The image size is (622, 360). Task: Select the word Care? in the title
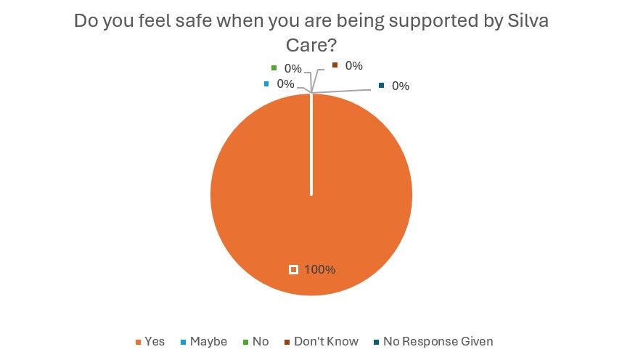[311, 45]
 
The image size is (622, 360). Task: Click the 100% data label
[320, 269]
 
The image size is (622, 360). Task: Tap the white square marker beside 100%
[293, 269]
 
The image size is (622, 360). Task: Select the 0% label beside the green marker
[293, 69]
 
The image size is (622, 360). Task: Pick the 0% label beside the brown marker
[353, 65]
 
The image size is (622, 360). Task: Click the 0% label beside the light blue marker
[285, 83]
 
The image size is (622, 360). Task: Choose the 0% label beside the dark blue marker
[401, 86]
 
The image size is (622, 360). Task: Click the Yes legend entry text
[155, 341]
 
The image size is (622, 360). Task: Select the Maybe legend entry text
[208, 341]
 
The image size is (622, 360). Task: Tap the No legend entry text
[261, 341]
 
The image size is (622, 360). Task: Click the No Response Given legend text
[438, 341]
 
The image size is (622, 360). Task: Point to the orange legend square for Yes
[138, 342]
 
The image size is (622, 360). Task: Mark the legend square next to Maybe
[183, 342]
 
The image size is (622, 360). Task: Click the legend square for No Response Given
[376, 342]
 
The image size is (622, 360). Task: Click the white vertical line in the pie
[311, 145]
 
